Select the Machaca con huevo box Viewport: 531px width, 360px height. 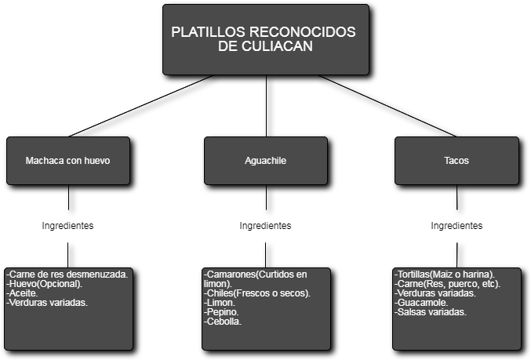pos(68,160)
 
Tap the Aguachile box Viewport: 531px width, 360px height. pos(265,160)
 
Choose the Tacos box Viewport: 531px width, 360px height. pos(456,160)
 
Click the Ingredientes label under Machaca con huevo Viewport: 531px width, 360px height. pos(68,226)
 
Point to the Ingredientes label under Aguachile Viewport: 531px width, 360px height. pos(265,226)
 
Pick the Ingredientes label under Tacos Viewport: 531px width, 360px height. pos(456,226)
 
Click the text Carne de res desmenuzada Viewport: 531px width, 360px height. pos(68,274)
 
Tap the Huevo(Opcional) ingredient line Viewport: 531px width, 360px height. pos(44,283)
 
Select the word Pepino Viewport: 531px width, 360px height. pos(222,312)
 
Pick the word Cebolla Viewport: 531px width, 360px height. pos(224,322)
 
